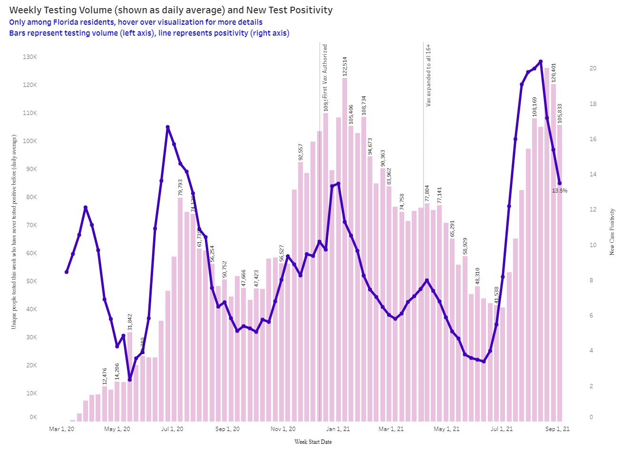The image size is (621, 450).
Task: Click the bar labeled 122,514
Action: point(345,247)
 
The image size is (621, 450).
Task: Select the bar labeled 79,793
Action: point(180,309)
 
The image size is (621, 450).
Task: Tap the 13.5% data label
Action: point(560,191)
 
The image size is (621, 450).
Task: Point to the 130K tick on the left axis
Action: point(30,57)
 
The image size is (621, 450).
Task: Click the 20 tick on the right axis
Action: point(593,68)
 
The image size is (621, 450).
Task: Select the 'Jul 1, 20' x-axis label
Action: point(172,429)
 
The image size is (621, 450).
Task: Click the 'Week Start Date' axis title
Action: point(313,442)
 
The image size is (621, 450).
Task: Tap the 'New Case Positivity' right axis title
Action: point(612,231)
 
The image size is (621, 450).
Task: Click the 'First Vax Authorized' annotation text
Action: point(325,71)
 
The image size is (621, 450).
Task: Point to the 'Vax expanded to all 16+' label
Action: point(428,75)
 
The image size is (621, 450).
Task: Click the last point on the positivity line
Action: point(560,183)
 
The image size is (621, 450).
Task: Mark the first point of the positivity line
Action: point(67,272)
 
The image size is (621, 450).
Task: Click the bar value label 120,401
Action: point(553,73)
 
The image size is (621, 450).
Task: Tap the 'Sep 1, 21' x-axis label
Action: point(557,429)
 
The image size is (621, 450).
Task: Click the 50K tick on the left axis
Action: point(30,281)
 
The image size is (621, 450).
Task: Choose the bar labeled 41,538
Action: point(496,364)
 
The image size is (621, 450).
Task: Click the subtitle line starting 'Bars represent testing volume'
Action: point(149,33)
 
